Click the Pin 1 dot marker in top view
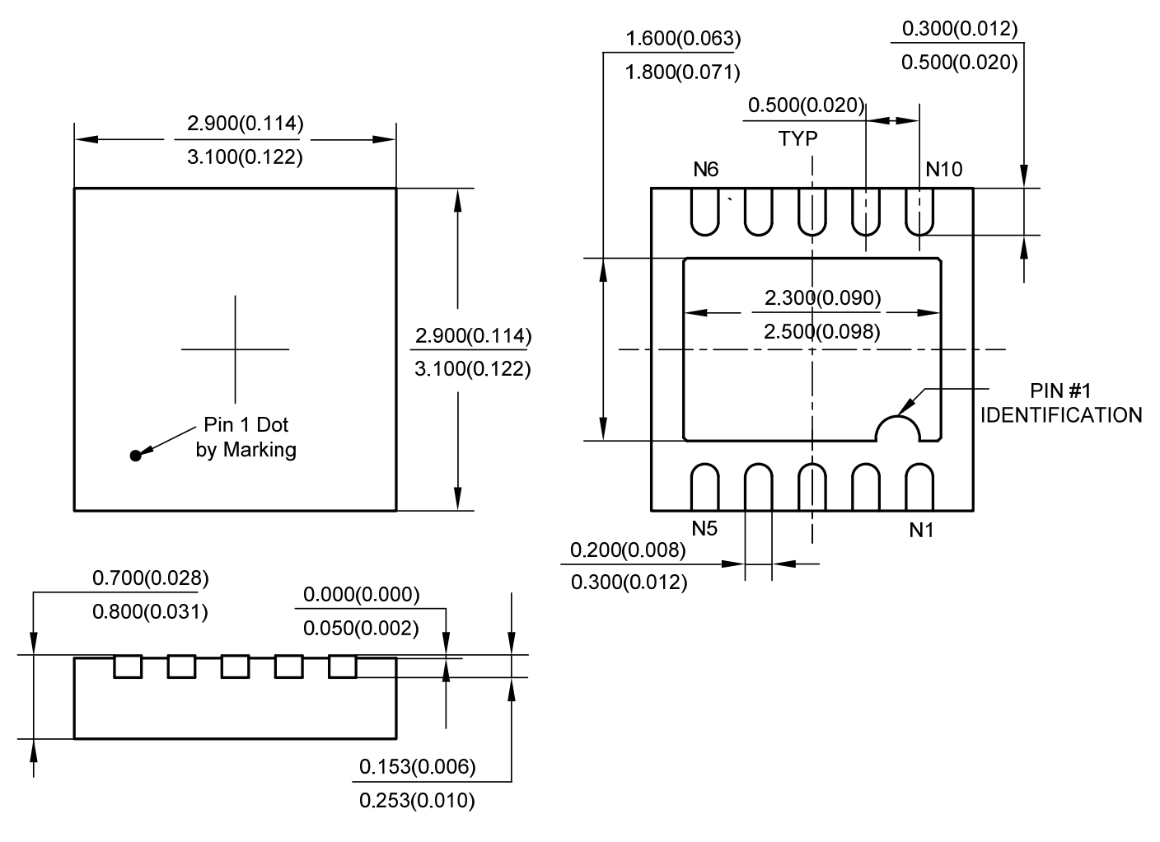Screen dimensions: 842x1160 [136, 455]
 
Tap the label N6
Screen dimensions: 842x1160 [705, 170]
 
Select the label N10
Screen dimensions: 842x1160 [943, 170]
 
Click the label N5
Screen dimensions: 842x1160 [704, 529]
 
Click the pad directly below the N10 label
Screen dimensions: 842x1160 [919, 212]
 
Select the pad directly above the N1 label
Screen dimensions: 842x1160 [919, 488]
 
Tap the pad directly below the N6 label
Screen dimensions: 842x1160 [705, 212]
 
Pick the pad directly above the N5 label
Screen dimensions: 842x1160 [705, 488]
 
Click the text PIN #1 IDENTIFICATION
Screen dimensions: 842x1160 [1060, 403]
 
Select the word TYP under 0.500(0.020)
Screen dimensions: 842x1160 [798, 138]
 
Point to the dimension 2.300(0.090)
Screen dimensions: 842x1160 [822, 297]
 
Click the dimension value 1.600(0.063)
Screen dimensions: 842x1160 [683, 39]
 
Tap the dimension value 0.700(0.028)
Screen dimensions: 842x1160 [150, 578]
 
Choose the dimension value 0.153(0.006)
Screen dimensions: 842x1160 [417, 767]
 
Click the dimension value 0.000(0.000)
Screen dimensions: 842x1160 [361, 595]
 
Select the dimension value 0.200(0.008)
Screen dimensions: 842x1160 [628, 550]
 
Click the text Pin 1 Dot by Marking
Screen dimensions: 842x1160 [246, 437]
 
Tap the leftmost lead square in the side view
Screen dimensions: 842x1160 [128, 666]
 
